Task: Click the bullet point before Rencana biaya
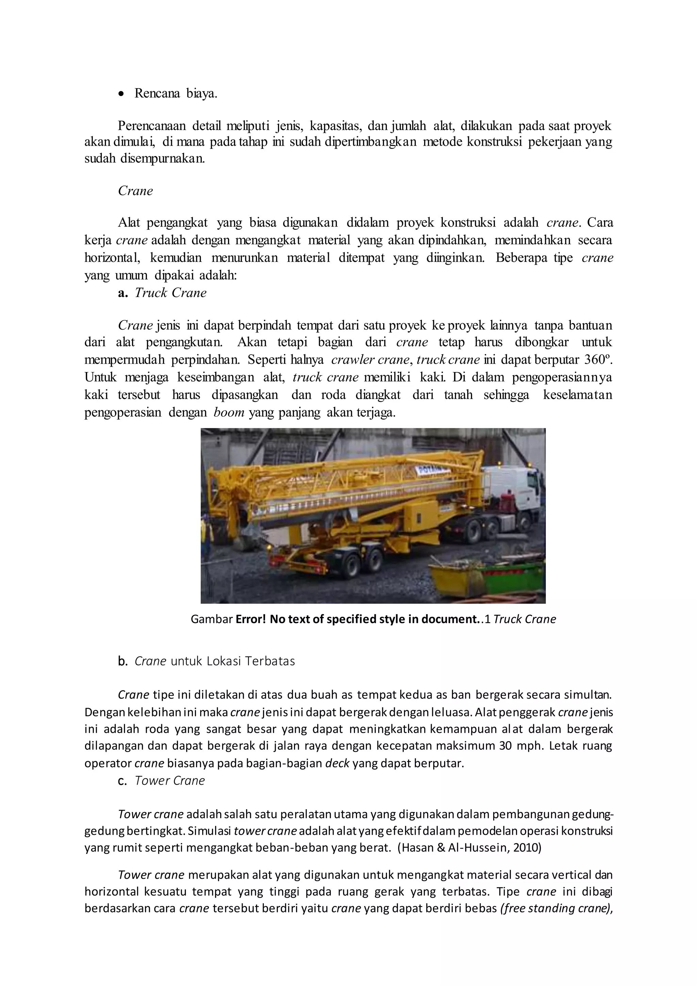click(x=122, y=94)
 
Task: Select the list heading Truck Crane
click(x=171, y=293)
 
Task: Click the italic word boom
click(x=229, y=413)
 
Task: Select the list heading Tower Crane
click(x=169, y=780)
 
